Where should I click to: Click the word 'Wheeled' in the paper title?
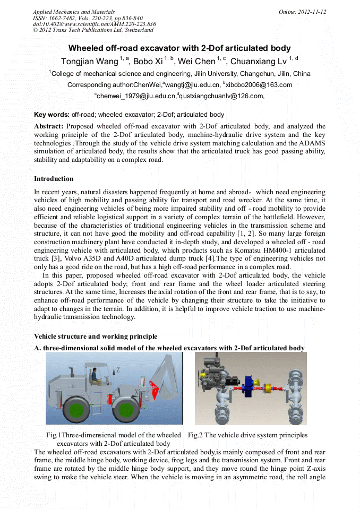point(87,48)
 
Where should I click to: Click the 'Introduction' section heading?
point(54,179)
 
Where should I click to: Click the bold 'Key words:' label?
point(52,115)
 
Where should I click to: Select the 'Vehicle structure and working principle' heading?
point(96,337)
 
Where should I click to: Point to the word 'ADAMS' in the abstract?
point(312,143)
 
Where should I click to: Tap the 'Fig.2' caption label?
point(195,435)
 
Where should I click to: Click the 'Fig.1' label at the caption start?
point(54,435)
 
